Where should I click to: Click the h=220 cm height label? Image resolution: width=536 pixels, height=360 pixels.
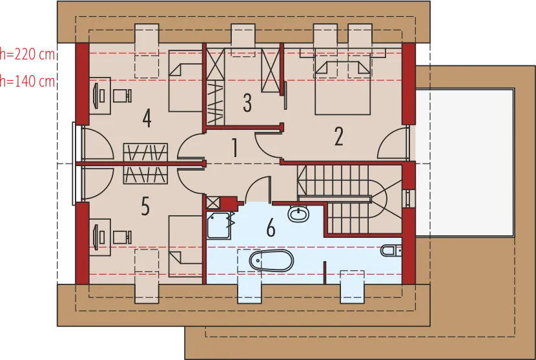tap(27, 54)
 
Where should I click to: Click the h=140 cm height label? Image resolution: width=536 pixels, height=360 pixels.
tap(27, 81)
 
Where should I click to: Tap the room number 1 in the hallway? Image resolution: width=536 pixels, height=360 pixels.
tap(235, 148)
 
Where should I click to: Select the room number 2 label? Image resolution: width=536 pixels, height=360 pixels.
tap(338, 136)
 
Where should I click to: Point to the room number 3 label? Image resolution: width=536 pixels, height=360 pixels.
tap(247, 102)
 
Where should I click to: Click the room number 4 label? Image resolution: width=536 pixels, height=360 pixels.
tap(147, 118)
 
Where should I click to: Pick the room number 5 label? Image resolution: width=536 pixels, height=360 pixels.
tap(145, 206)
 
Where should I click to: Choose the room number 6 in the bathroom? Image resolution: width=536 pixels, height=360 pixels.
tap(271, 228)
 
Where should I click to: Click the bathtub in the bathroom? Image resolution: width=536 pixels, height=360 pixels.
tap(271, 260)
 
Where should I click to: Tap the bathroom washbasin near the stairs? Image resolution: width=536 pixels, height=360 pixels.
tap(298, 214)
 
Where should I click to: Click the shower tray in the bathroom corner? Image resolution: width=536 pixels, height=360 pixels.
tap(219, 226)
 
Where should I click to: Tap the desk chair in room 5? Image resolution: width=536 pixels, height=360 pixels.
tap(122, 237)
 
